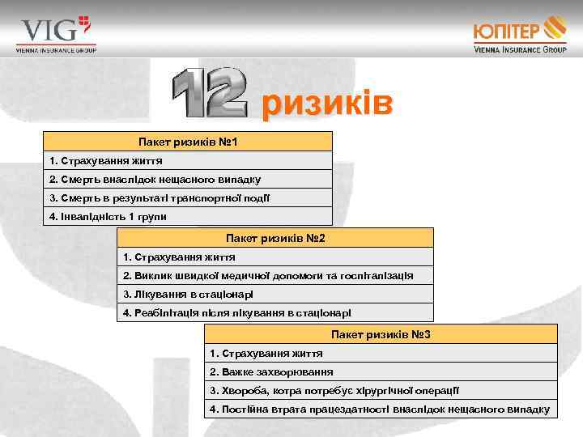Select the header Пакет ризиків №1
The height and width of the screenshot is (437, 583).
[187, 142]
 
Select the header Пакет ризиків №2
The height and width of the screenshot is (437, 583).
[275, 238]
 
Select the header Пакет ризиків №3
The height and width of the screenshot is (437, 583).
[381, 334]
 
